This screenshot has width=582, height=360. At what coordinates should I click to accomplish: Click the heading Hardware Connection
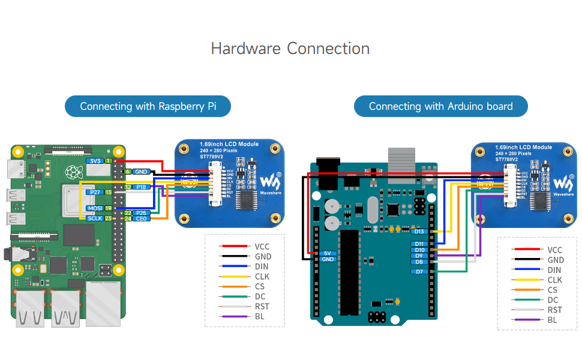[290, 49]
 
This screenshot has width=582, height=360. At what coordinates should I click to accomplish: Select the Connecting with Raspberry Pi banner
[148, 106]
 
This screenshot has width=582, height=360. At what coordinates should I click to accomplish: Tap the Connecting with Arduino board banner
[440, 106]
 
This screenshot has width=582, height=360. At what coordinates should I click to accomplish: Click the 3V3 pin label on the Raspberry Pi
[94, 161]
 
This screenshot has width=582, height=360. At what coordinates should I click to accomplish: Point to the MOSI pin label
[95, 208]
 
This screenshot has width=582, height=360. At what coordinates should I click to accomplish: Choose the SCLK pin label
[95, 218]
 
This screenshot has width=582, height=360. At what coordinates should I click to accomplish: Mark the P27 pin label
[94, 192]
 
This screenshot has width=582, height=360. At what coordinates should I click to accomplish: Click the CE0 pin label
[142, 219]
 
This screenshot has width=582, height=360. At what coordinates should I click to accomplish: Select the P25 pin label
[142, 213]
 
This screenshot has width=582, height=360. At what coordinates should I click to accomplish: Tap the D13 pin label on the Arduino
[419, 232]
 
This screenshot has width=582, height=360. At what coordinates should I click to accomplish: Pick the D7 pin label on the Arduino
[419, 272]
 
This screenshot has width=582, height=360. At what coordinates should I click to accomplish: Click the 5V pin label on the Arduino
[327, 253]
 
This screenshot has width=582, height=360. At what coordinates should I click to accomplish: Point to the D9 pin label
[419, 256]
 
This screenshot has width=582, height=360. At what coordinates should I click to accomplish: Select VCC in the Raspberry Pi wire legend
[262, 246]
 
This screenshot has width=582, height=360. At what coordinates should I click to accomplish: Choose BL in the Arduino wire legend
[552, 320]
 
